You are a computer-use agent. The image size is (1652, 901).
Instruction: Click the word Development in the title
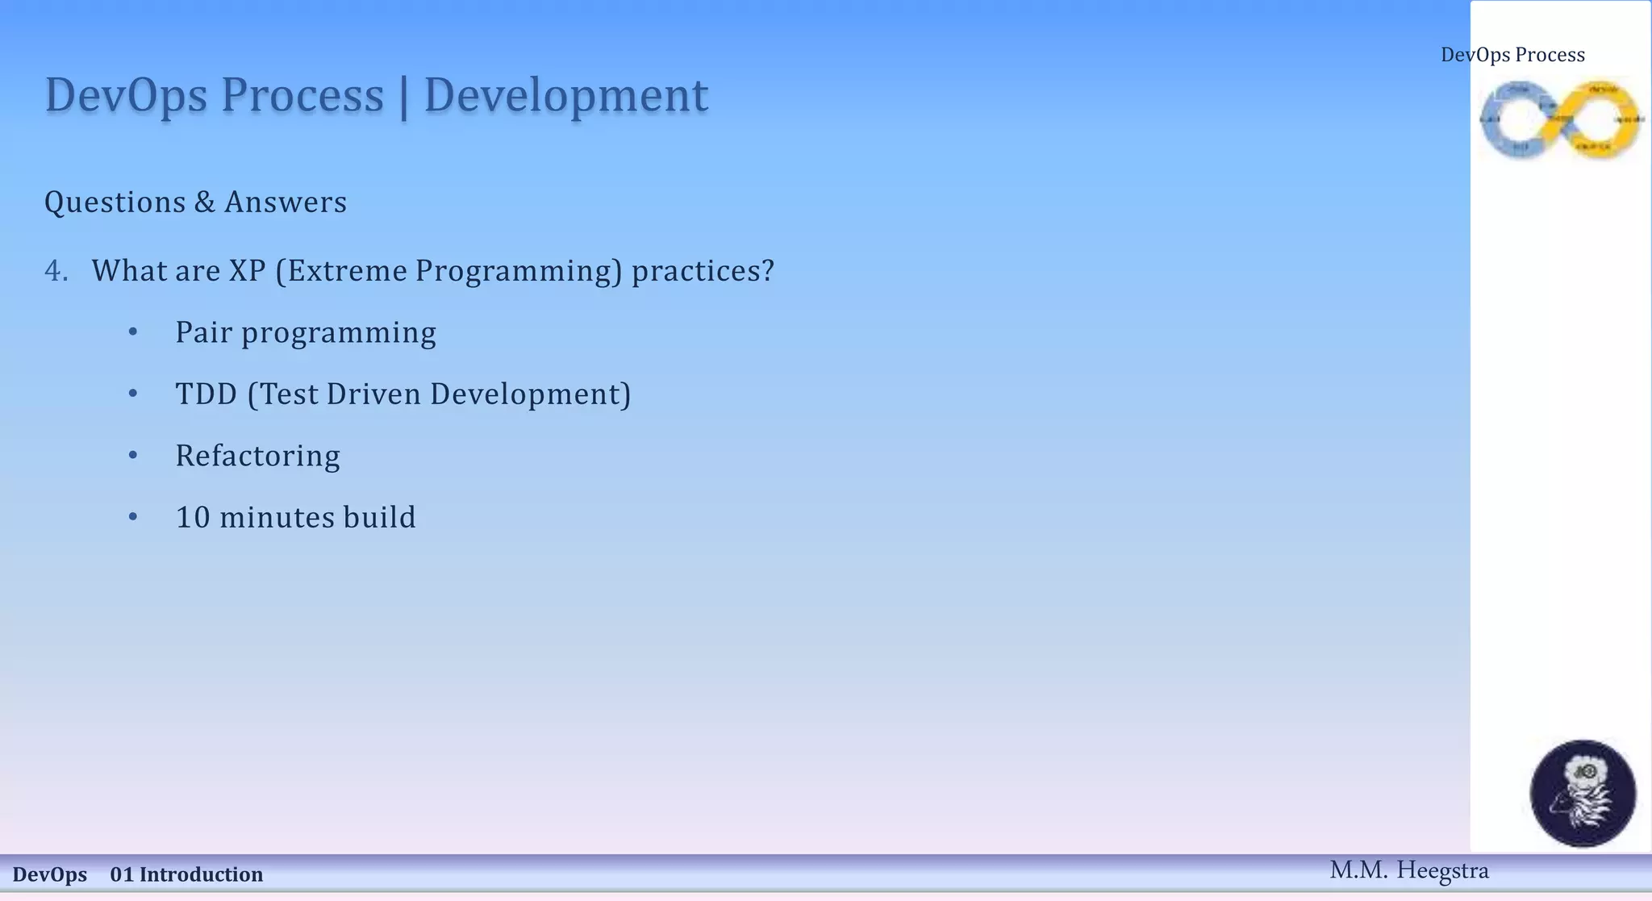(565, 96)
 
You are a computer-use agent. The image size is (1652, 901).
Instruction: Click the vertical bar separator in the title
(403, 97)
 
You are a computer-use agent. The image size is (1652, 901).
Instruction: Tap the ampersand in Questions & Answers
(205, 202)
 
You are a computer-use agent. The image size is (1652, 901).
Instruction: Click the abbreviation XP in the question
(247, 271)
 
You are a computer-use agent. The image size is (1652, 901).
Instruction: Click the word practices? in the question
(703, 271)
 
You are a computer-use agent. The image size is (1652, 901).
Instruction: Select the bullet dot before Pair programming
(133, 332)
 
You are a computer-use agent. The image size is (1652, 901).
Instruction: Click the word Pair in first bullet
(203, 332)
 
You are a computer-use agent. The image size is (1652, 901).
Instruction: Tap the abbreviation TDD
(206, 394)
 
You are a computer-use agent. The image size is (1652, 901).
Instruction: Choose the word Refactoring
(257, 456)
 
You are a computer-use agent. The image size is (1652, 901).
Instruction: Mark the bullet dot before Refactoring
(133, 455)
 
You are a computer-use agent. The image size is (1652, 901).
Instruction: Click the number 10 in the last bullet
(193, 518)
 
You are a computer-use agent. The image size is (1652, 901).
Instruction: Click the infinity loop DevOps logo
(1561, 119)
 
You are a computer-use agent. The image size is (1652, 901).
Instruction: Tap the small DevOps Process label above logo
(1512, 55)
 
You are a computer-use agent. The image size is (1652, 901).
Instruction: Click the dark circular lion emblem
(1583, 793)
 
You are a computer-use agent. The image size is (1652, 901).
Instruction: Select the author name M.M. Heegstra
(1408, 870)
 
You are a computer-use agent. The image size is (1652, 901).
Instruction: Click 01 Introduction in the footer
(186, 874)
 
